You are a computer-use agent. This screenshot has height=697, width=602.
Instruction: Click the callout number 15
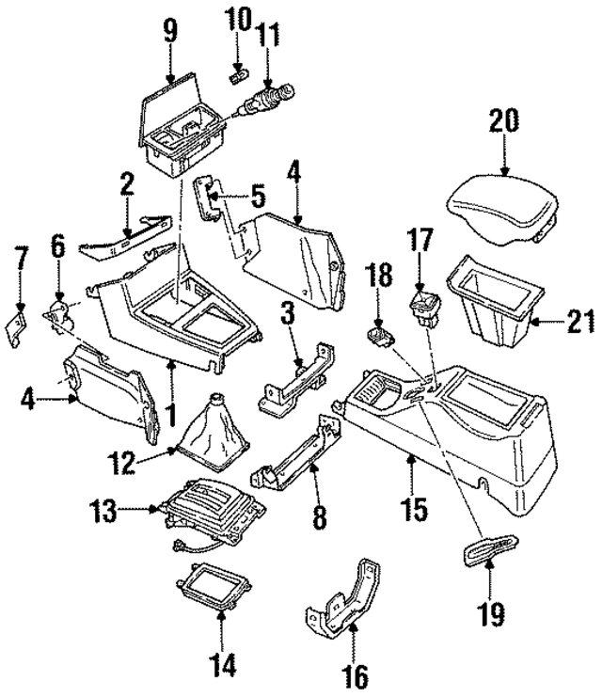(413, 509)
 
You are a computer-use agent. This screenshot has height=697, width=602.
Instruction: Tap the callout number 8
(316, 515)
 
